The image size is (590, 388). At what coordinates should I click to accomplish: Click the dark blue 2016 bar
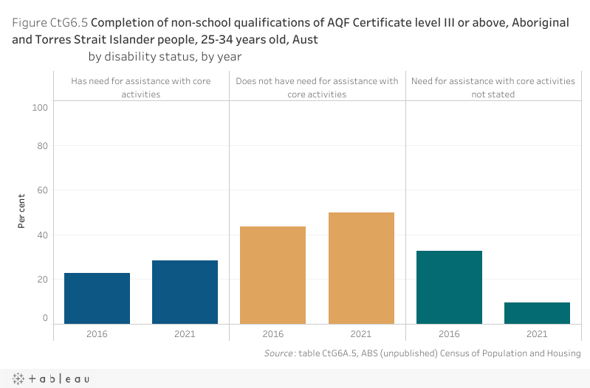97,298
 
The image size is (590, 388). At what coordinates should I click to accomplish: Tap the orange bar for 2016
272,274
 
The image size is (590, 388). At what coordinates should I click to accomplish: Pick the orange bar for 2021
361,268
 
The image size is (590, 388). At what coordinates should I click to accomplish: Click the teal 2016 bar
449,287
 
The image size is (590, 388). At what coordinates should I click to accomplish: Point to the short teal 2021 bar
537,313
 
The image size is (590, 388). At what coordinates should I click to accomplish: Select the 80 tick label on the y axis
42,146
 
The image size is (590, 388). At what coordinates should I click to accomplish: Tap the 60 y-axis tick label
42,190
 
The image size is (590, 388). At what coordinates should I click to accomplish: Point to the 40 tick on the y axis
42,235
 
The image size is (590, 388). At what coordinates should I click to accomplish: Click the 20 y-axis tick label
42,280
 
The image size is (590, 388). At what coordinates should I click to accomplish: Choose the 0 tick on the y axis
45,319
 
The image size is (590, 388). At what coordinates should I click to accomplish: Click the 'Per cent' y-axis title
22,211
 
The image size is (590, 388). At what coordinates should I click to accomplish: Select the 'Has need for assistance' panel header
141,87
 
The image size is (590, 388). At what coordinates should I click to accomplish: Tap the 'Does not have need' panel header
317,87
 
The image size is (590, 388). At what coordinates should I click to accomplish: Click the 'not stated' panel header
493,87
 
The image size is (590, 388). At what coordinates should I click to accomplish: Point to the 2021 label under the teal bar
537,334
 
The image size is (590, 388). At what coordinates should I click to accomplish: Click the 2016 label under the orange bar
272,334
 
